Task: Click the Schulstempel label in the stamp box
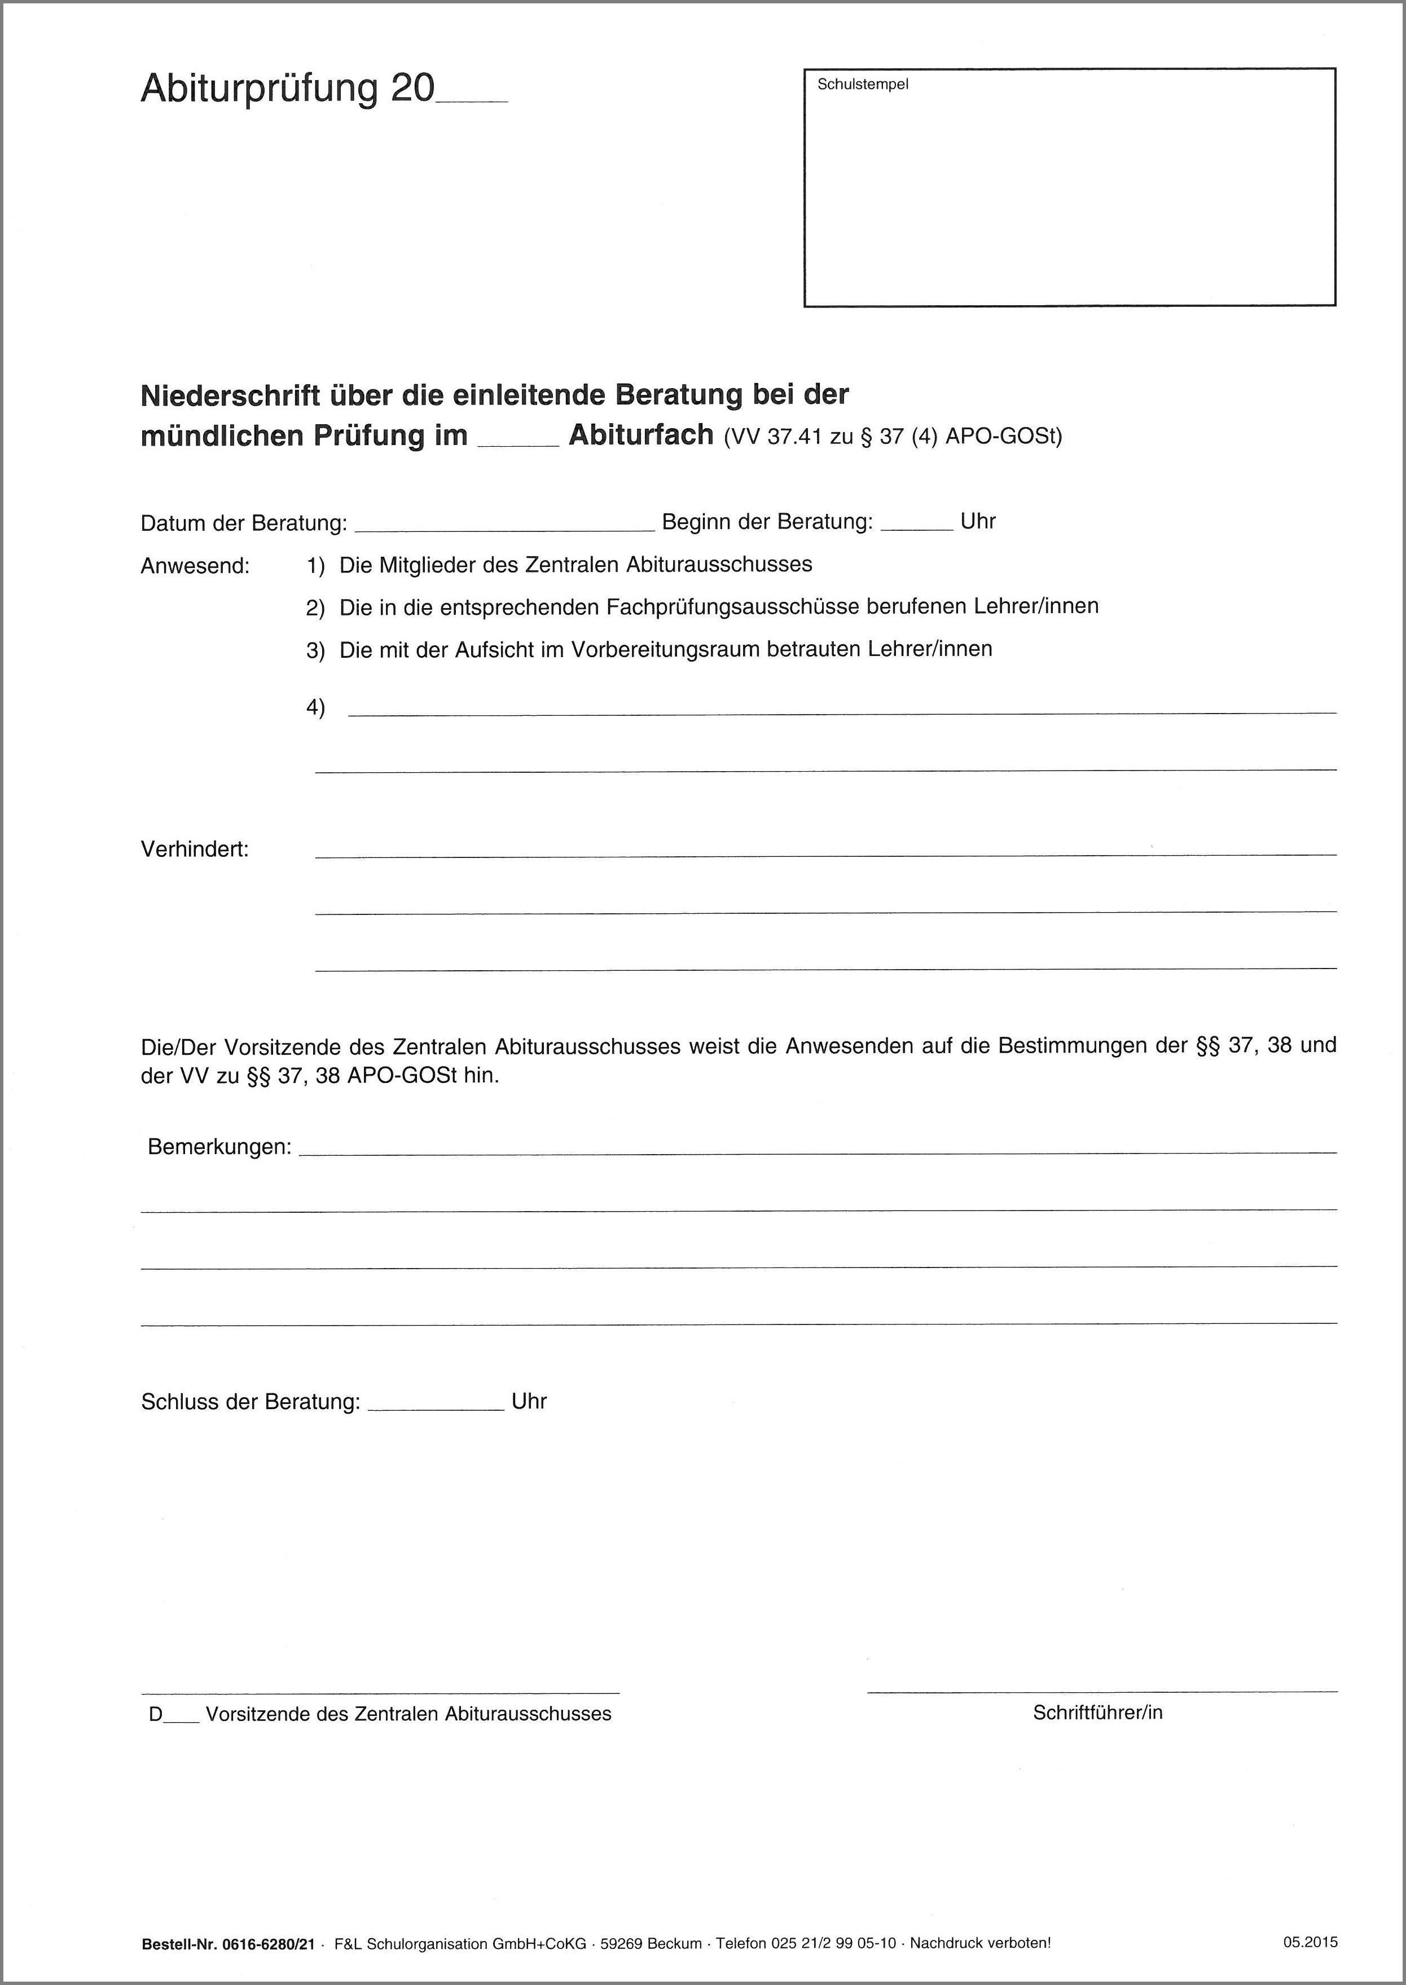[862, 85]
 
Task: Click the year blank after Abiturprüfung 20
[472, 97]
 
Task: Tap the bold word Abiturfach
[641, 434]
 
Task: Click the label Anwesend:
[195, 566]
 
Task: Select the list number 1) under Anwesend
[315, 566]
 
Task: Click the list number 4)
[315, 707]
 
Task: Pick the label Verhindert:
[195, 850]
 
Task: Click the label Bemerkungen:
[219, 1147]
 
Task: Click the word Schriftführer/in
[1097, 1711]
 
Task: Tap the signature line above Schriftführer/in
[1101, 1691]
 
